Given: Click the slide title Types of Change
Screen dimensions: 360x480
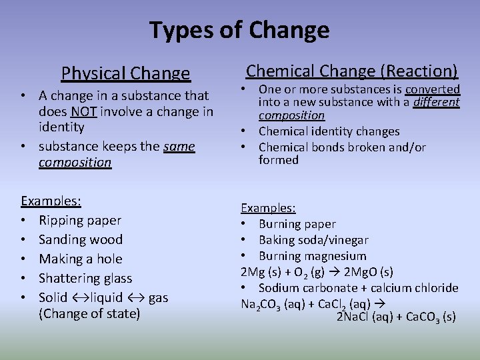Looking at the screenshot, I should click(x=239, y=30).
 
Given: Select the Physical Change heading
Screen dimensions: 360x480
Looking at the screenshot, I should click(x=125, y=73).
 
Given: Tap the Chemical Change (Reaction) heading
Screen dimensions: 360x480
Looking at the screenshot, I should click(x=351, y=71).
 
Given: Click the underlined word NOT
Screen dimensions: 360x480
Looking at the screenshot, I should click(x=84, y=111).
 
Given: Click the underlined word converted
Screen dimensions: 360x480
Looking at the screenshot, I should click(x=433, y=89).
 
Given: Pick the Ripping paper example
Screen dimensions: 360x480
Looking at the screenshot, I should click(x=80, y=220).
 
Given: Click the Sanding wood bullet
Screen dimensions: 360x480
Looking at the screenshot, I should click(x=81, y=239).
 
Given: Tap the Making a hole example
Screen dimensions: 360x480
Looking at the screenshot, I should click(x=81, y=259).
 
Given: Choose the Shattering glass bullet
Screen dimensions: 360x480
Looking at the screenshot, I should click(x=85, y=278).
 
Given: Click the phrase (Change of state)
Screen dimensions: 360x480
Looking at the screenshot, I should click(x=89, y=313).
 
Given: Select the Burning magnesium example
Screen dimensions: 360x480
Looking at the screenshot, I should click(x=312, y=256).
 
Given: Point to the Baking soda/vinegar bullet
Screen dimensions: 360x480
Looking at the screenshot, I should click(x=313, y=240).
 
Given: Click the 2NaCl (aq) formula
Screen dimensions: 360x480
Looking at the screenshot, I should click(x=364, y=317).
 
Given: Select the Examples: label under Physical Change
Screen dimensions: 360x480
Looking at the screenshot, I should click(x=51, y=201).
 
